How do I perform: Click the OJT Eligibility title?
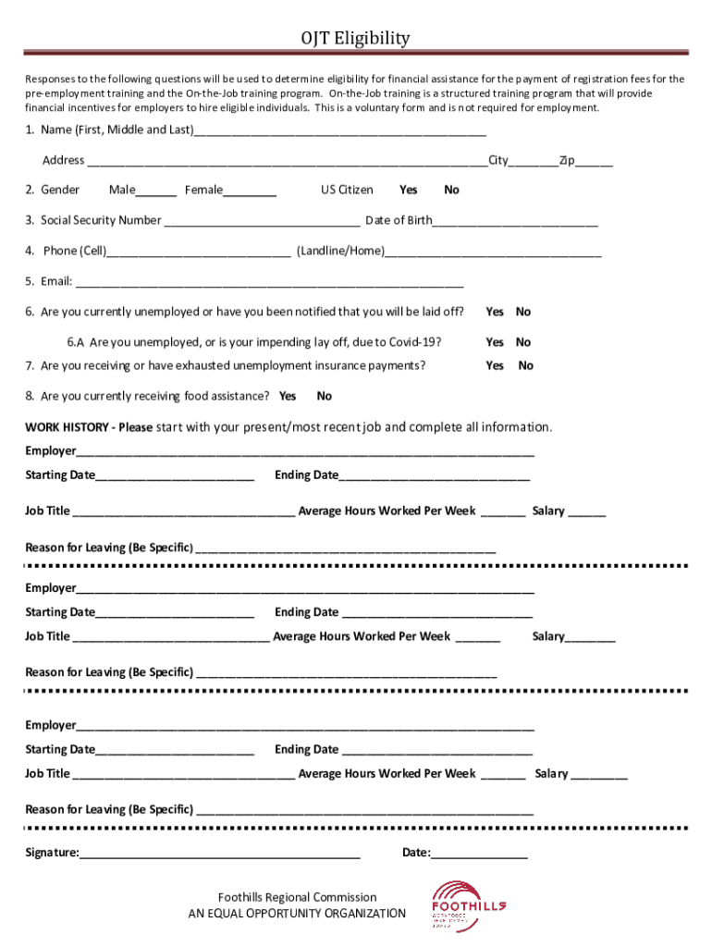point(355,38)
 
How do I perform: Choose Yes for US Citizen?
point(408,190)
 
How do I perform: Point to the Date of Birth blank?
point(514,223)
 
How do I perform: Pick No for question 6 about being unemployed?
point(523,312)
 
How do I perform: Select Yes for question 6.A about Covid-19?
point(495,342)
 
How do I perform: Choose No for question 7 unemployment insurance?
point(525,365)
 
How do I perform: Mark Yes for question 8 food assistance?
point(288,396)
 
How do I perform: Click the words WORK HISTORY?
point(69,427)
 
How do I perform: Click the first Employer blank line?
point(305,453)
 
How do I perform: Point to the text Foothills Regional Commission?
point(297,897)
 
